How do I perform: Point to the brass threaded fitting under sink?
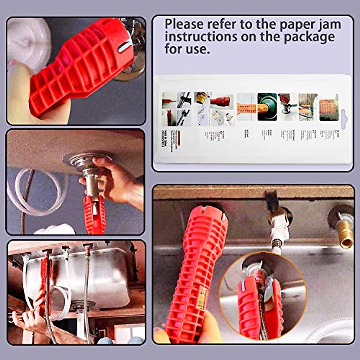345,231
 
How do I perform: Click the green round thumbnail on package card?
267,107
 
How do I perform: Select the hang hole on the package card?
344,119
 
